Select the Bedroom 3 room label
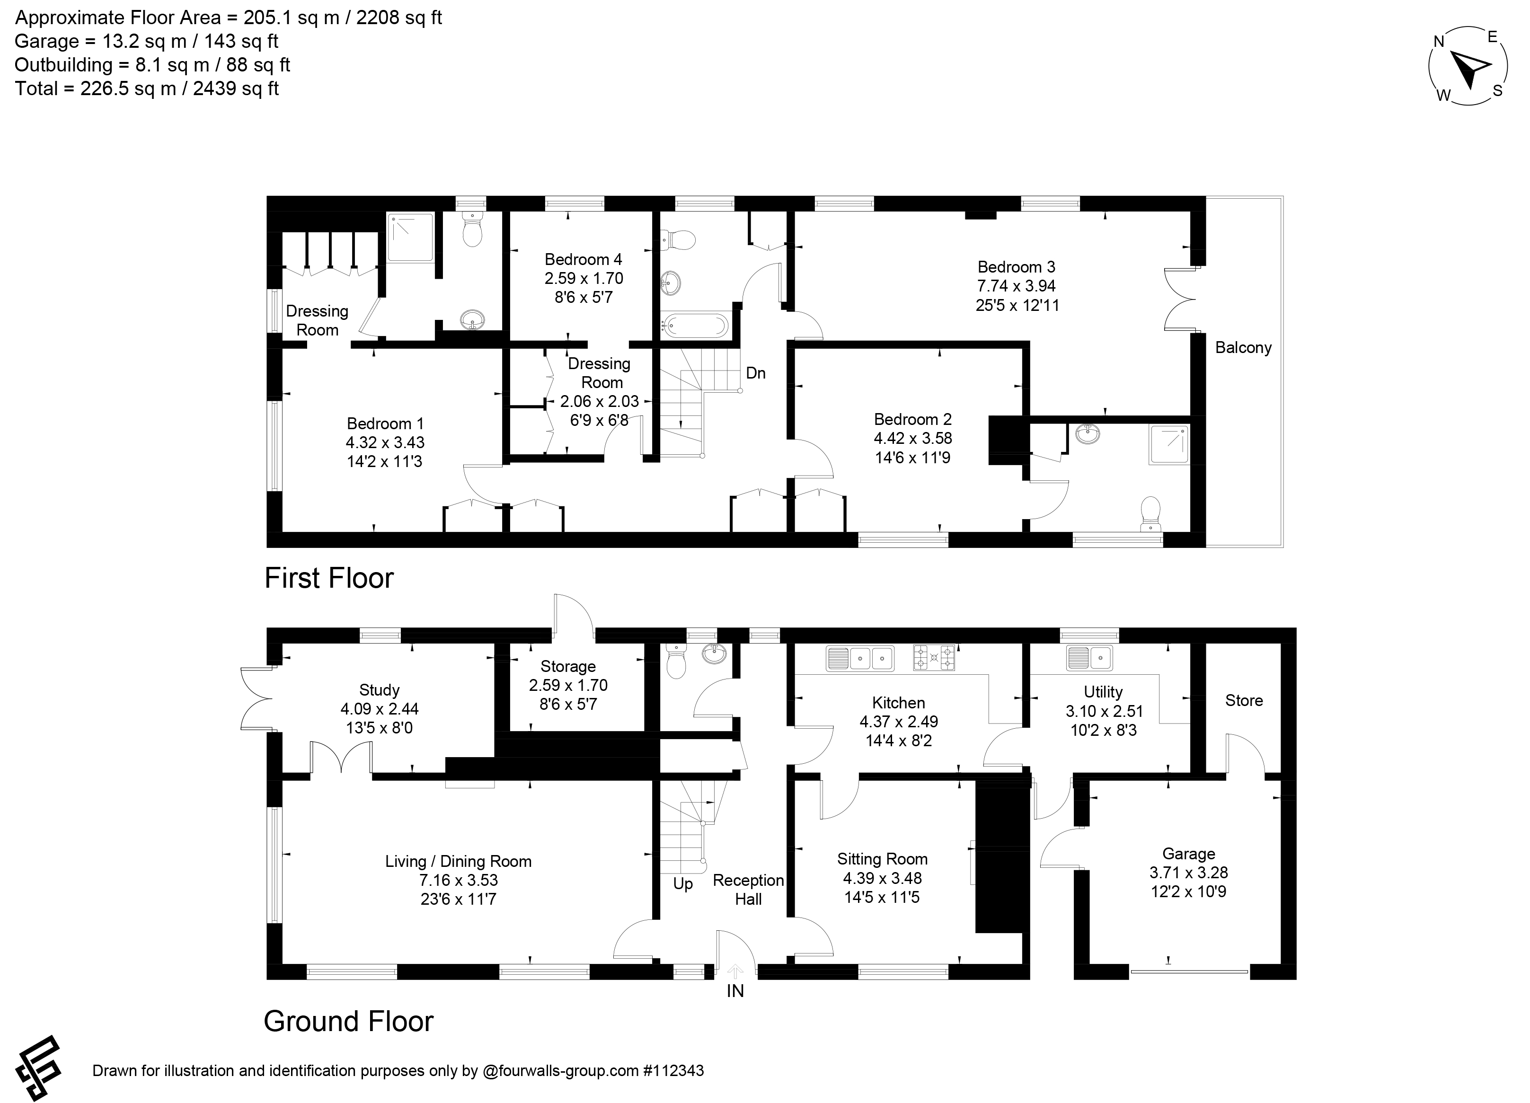(1017, 267)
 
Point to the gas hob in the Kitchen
(934, 658)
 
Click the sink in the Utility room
(1089, 657)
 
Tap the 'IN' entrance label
(735, 991)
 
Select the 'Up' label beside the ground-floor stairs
(683, 884)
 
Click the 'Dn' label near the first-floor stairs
(756, 373)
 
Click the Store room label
(1244, 700)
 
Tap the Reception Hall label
(748, 890)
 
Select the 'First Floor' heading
(329, 578)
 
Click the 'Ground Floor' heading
(348, 1021)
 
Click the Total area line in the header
(147, 89)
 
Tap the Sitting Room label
(883, 859)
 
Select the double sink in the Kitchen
(860, 658)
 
